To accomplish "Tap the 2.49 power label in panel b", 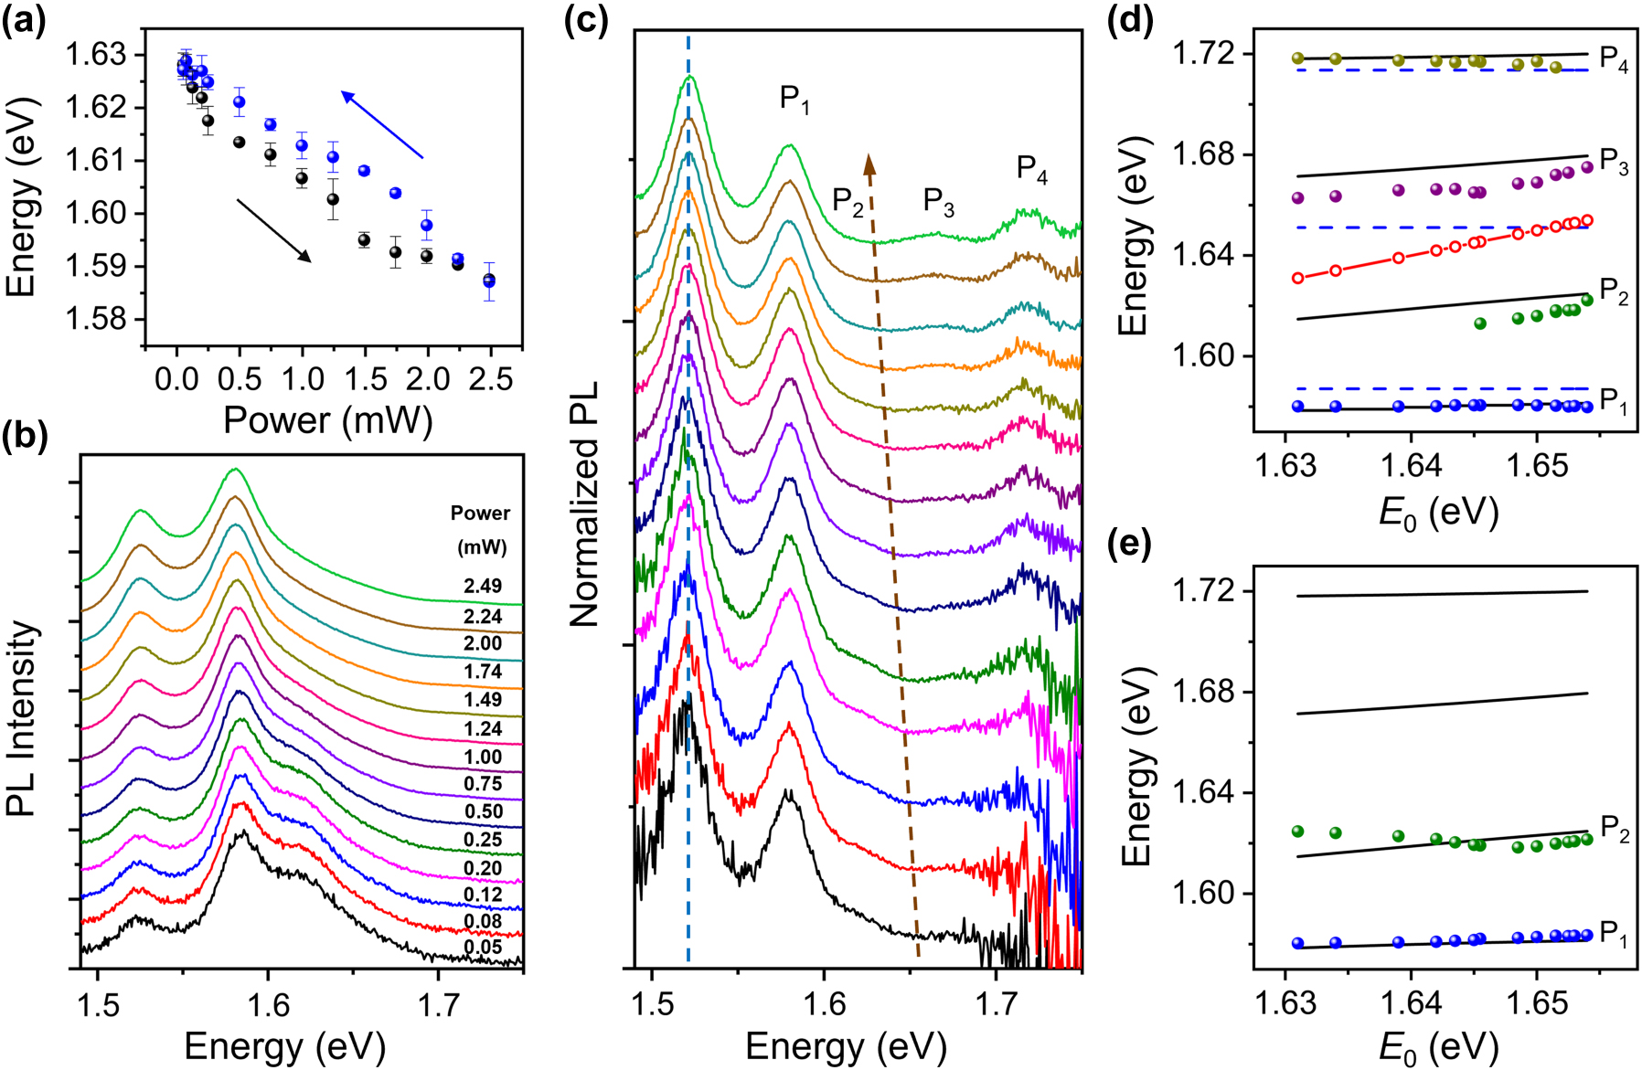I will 483,587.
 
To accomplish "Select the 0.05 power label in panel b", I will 483,947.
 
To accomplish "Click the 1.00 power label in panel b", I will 483,757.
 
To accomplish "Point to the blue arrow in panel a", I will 382,124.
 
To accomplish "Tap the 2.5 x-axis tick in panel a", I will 491,378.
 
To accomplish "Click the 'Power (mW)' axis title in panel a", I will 328,420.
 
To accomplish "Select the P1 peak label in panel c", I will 794,99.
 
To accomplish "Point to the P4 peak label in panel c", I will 1032,169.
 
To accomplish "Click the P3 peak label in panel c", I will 938,202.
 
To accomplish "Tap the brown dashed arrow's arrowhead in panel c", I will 869,164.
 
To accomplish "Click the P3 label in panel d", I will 1614,165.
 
